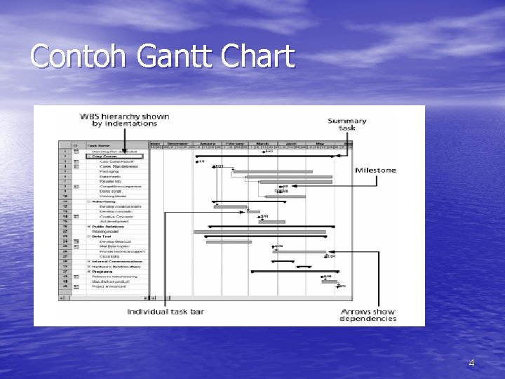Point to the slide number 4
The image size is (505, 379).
pyautogui.click(x=471, y=363)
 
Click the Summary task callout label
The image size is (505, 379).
pyautogui.click(x=346, y=125)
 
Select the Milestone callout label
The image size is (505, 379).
pyautogui.click(x=375, y=170)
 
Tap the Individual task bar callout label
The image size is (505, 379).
pyautogui.click(x=166, y=312)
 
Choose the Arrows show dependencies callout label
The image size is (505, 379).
pyautogui.click(x=368, y=314)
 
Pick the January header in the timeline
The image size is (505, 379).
pyautogui.click(x=208, y=143)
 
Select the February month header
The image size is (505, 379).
pyautogui.click(x=234, y=143)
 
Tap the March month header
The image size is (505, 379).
pyautogui.click(x=264, y=143)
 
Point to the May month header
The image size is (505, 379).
pyautogui.click(x=320, y=143)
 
